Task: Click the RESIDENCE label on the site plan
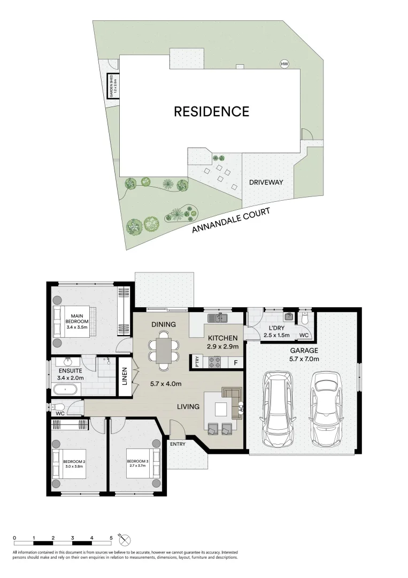coord(211,111)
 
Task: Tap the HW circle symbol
coord(284,64)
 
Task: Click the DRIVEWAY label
coord(266,182)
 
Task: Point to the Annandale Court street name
coord(231,220)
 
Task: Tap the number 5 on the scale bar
coord(111,538)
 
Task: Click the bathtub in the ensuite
coord(66,389)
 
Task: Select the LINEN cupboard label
coord(125,376)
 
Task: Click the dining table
coord(164,351)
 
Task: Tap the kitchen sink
coord(217,317)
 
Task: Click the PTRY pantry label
coord(197,361)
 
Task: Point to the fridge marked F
coord(236,363)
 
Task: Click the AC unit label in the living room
coord(241,408)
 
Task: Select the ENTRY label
coord(178,444)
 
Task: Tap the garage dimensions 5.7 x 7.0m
coord(304,359)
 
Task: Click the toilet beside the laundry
coord(304,317)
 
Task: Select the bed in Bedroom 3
coord(143,463)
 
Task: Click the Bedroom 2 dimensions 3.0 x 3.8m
coord(74,466)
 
